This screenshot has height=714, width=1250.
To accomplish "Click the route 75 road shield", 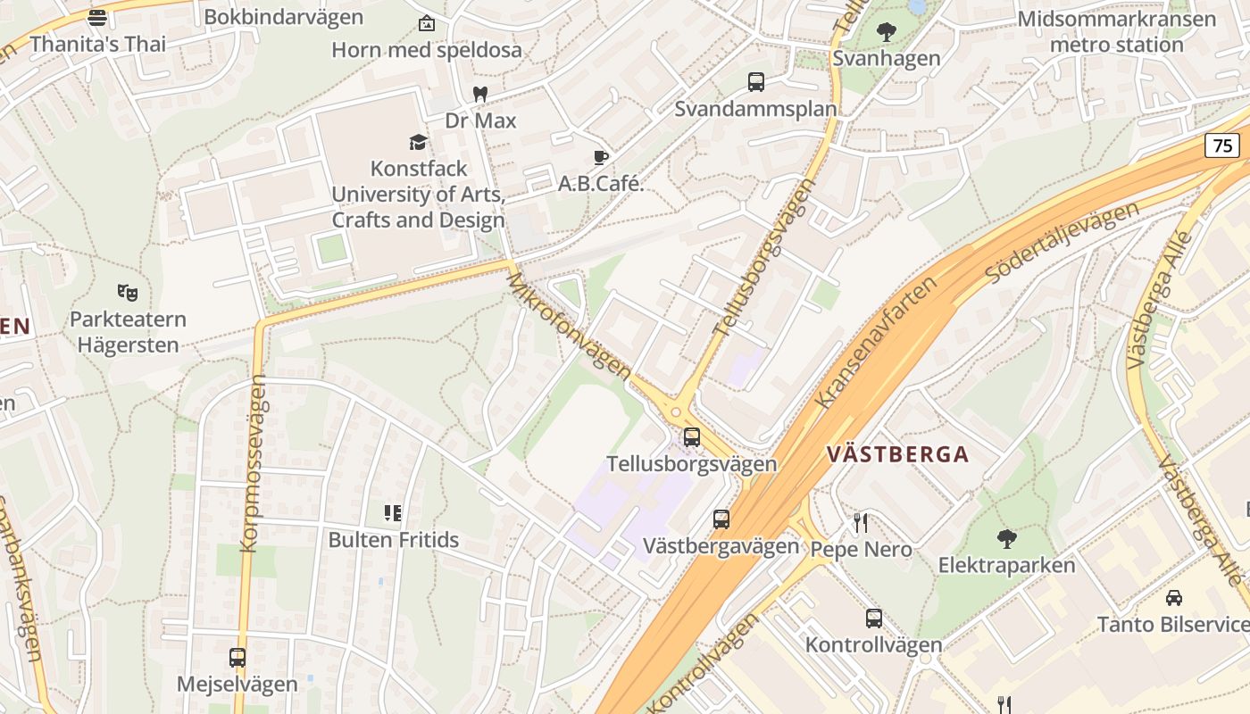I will coord(1222,145).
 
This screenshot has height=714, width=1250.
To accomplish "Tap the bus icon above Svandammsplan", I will coord(756,82).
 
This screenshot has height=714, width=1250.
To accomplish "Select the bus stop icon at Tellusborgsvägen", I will coord(692,437).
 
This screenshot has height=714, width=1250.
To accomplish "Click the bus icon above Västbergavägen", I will coord(721,519).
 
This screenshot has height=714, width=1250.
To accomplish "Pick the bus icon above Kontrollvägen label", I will coord(874,618).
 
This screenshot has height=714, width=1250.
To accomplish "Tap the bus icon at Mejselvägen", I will coord(237,658).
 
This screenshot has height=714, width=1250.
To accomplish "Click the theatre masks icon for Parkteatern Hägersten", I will coord(128,292).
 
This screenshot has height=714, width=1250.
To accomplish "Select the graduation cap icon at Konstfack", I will coord(418,142).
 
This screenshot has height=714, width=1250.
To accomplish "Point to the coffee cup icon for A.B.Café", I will coord(601,158).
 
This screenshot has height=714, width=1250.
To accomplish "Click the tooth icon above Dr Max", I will coord(480,94).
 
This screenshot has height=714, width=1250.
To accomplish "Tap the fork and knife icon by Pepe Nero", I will coord(861,522).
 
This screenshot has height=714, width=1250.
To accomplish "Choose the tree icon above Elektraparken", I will coord(1006,538).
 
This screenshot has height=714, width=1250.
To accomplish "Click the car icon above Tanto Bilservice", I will coord(1174,597).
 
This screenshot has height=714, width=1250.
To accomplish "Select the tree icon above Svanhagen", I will coord(887,32).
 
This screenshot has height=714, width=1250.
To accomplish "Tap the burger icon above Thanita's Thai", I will coord(97,17).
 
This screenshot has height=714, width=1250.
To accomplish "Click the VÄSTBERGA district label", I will coord(897,454).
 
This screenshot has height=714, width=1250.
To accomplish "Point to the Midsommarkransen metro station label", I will coord(1116,31).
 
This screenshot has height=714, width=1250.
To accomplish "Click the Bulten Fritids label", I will coord(394,539).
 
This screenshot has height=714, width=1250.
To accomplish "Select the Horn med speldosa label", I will coord(427,50).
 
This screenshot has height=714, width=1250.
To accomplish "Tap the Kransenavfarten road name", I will coord(877,341).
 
